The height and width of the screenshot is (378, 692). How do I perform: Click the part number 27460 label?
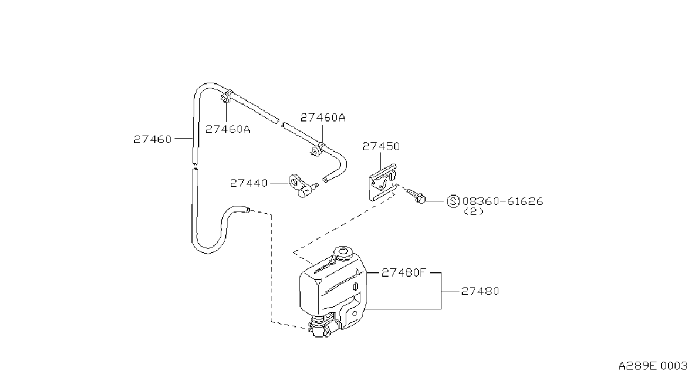click(152, 139)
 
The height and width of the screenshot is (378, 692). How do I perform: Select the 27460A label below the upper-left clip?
click(227, 129)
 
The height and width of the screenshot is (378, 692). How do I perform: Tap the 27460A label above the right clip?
click(323, 117)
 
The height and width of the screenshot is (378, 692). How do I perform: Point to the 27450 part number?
click(381, 146)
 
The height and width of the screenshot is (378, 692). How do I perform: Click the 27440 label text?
click(249, 183)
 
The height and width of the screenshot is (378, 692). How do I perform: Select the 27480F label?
click(404, 272)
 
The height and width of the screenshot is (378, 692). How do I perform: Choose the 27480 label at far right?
click(480, 291)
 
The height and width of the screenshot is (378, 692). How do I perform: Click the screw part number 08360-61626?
click(503, 201)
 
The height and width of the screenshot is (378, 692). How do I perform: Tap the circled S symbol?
click(453, 201)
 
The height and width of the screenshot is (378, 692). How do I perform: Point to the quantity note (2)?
click(474, 211)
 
